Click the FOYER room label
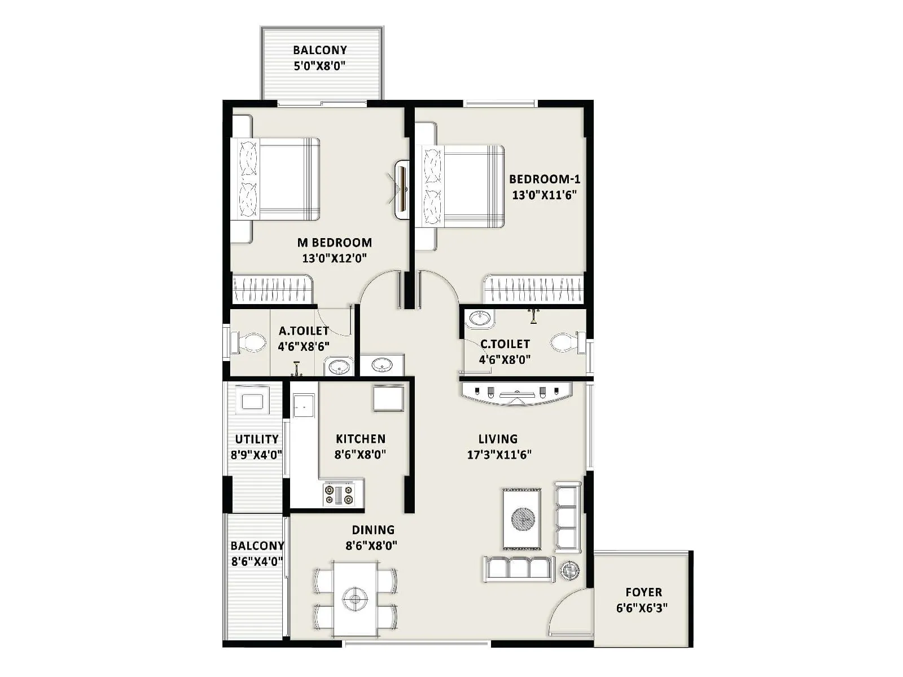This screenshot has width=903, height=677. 643,592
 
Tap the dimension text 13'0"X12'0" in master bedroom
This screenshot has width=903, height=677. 335,258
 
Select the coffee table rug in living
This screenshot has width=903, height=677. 522,518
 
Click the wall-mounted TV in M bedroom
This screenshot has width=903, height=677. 402,189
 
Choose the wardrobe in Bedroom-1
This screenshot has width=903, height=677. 533,289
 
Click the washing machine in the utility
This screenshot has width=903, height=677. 252,401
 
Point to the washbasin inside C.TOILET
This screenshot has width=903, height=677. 479,319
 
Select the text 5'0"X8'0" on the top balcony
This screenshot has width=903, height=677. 319,65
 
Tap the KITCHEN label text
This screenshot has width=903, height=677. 360,438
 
